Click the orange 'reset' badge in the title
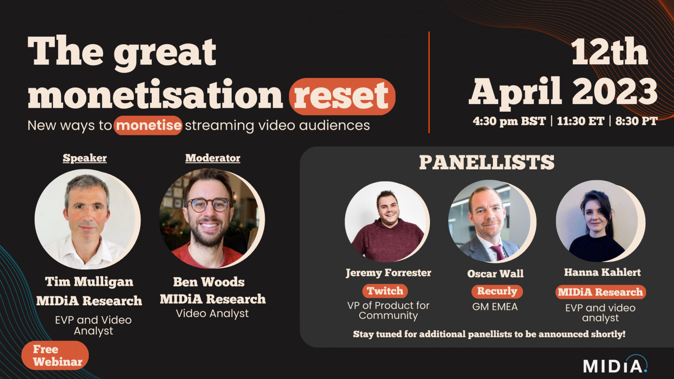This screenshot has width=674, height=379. [x=342, y=96]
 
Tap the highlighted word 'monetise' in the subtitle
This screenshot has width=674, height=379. [x=148, y=125]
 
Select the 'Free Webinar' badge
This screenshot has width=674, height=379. [x=55, y=355]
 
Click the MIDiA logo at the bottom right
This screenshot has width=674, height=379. [x=615, y=364]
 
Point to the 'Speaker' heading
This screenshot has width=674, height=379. [x=85, y=158]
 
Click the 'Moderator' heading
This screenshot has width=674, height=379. [x=213, y=158]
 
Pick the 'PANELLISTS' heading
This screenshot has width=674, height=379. [x=487, y=163]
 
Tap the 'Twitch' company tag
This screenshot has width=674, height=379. [x=385, y=291]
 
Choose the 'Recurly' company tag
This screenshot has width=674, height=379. [x=497, y=291]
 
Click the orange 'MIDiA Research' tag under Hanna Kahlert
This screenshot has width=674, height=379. [x=601, y=292]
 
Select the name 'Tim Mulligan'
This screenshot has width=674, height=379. [x=89, y=282]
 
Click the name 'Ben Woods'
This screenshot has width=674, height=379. [x=209, y=282]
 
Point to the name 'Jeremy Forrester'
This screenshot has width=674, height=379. [x=388, y=273]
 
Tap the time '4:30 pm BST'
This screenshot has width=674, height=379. [x=509, y=121]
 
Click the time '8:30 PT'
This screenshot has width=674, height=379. [x=636, y=121]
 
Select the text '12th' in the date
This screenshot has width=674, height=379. [x=609, y=52]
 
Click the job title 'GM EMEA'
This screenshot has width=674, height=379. [x=495, y=307]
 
